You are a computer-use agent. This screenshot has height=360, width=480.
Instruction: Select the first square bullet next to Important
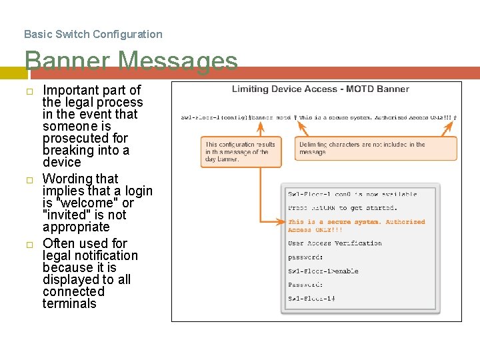(x=29, y=91)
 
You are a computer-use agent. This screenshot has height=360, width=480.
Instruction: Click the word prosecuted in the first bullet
(x=85, y=138)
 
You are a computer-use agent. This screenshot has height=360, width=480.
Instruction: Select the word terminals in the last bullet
(x=69, y=303)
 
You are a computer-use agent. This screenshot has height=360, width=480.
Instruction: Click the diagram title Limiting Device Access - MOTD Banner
(x=320, y=89)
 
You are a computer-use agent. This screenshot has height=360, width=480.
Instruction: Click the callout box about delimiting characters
(x=376, y=148)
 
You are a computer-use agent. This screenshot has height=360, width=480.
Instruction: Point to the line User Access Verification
(x=335, y=243)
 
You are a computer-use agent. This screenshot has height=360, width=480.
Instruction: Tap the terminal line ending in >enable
(x=323, y=271)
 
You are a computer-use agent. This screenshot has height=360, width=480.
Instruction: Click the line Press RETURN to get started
(x=343, y=208)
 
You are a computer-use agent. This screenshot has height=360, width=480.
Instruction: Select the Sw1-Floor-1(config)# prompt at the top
(x=213, y=117)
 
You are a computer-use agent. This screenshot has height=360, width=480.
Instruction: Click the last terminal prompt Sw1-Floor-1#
(x=311, y=299)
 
